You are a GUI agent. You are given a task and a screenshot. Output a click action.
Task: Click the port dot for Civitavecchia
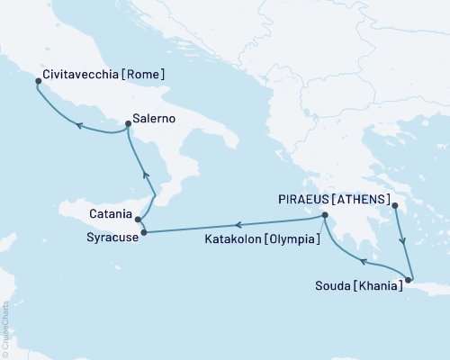coord(37,81)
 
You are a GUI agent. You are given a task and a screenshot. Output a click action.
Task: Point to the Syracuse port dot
coord(144,233)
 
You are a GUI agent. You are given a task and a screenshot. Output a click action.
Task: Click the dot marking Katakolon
coord(325,214)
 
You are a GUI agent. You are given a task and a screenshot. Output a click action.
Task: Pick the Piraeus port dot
coord(395,206)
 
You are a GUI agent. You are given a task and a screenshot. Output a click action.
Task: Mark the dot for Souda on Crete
coord(408,280)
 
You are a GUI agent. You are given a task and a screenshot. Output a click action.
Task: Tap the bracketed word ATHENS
coord(362,199)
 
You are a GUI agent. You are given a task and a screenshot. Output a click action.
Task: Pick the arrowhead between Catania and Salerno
coord(145,175)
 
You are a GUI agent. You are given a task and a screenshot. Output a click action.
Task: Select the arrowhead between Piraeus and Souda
coord(402,241)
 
